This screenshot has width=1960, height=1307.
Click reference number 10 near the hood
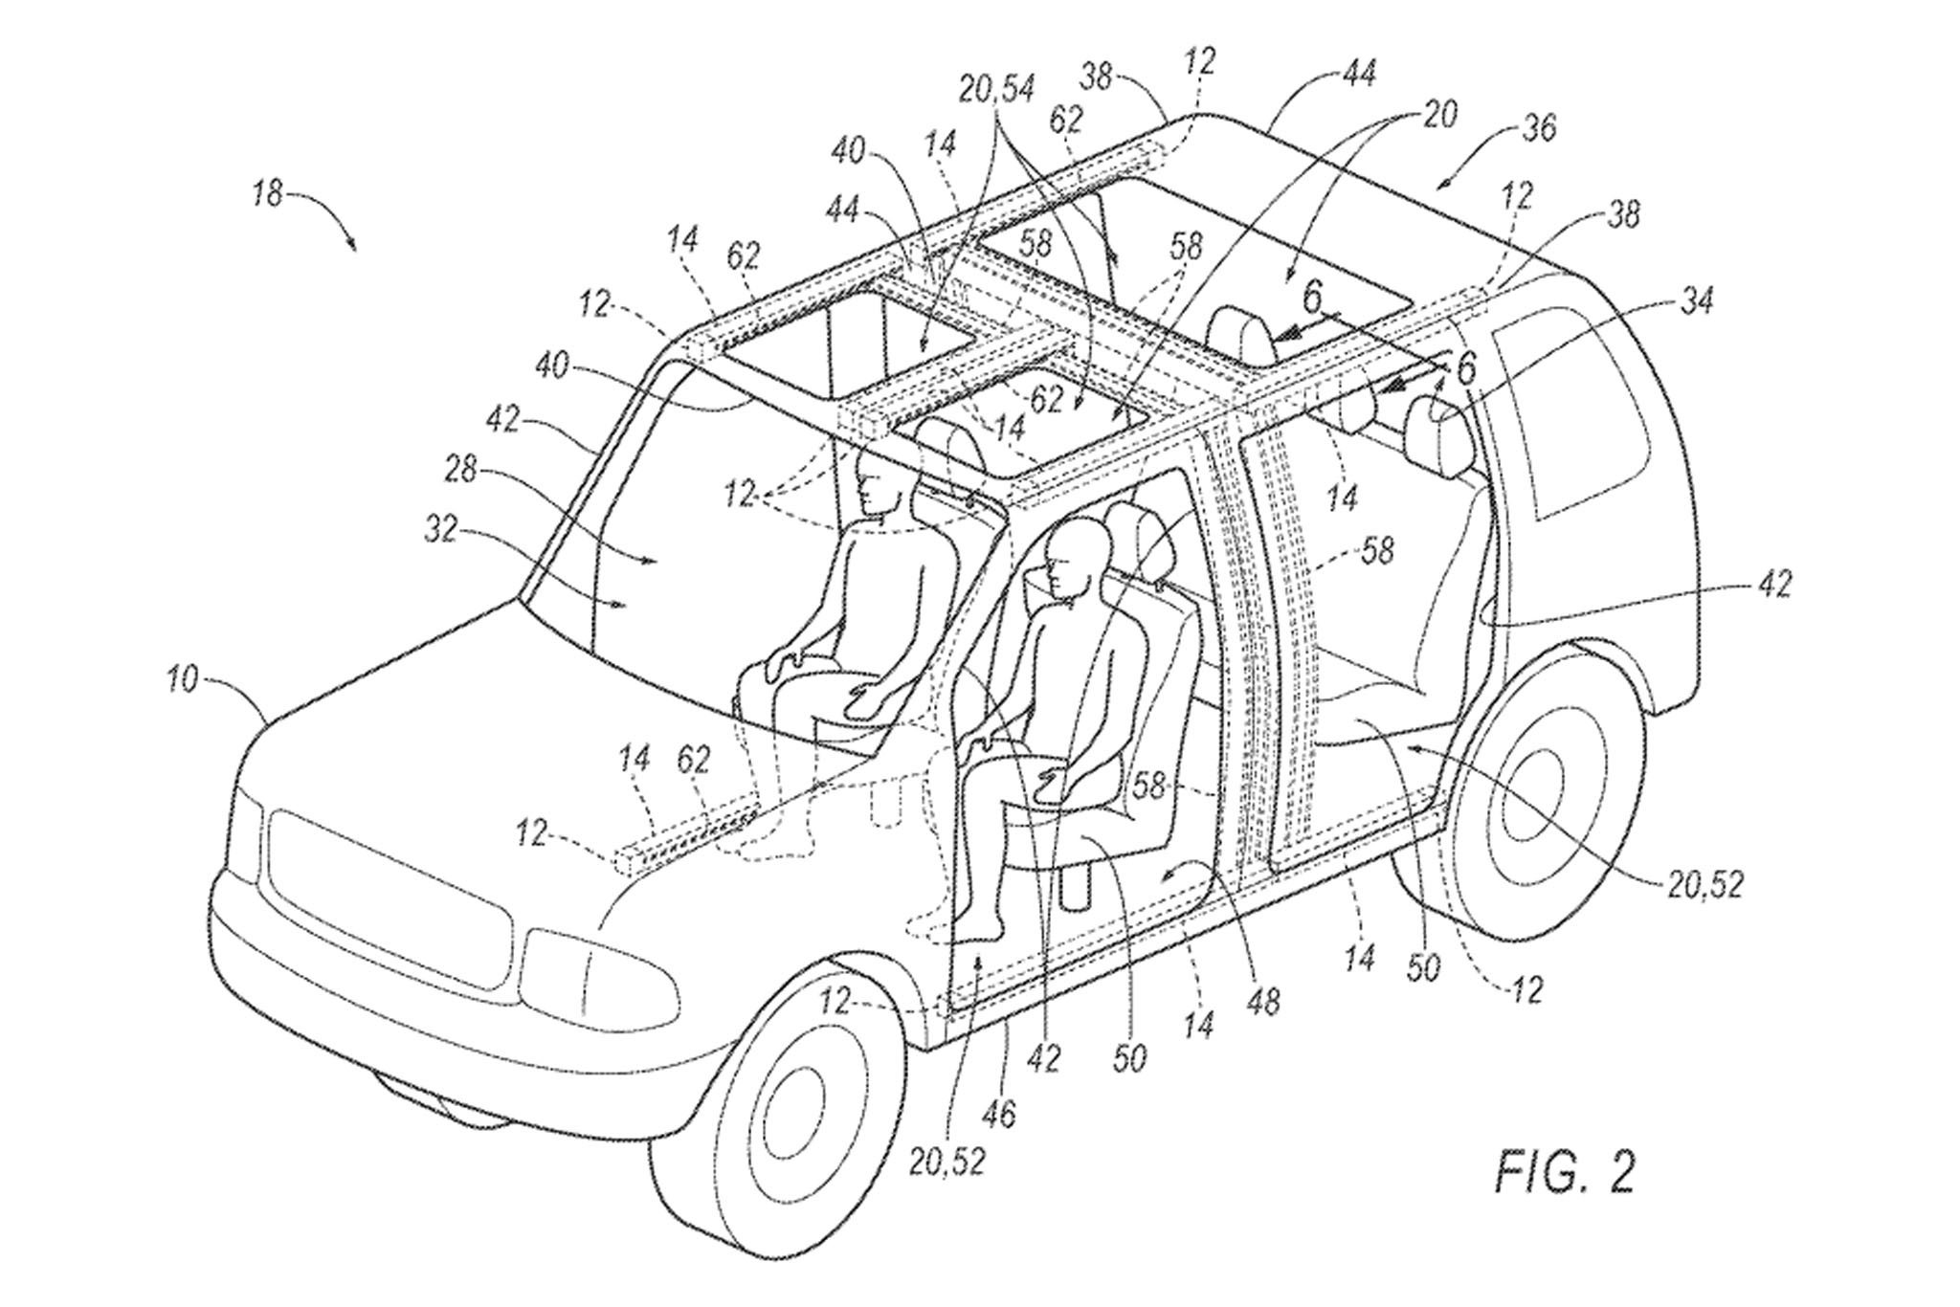(x=181, y=681)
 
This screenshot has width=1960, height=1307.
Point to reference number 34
(x=1695, y=302)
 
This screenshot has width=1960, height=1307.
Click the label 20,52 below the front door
(x=947, y=1162)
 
